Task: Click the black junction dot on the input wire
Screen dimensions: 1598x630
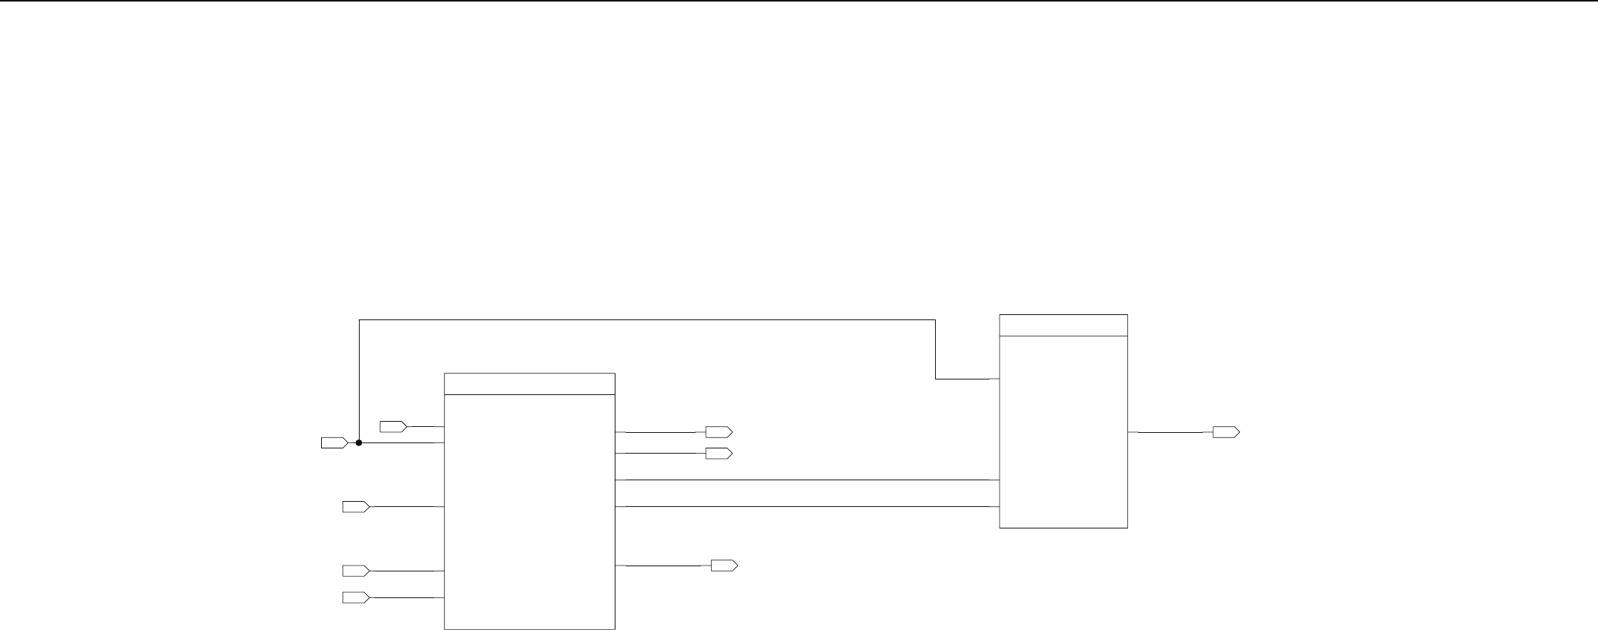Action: coord(359,442)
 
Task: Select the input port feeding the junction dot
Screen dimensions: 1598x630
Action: coord(334,442)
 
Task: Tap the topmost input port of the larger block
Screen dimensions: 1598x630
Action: coord(392,426)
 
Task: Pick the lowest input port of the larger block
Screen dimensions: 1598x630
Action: coord(355,597)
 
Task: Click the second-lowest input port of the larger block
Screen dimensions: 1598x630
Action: coord(355,571)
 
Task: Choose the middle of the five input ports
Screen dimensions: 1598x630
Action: coord(355,507)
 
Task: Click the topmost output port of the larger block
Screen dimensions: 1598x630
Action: coord(718,432)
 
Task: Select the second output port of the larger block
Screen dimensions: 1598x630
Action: coord(718,453)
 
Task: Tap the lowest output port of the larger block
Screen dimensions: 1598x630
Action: coord(724,566)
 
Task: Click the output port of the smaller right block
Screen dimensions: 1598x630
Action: coord(1225,432)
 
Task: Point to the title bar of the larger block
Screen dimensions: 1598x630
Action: coord(529,384)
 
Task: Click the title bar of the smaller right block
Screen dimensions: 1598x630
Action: coord(1063,325)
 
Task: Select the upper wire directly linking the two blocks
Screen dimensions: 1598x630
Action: coord(807,480)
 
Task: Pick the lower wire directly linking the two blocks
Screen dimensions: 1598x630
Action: coord(807,507)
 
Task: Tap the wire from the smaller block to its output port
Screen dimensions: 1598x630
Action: coord(1170,432)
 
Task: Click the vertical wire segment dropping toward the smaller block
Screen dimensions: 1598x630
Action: coord(936,349)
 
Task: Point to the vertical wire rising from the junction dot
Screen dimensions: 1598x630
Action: coord(360,381)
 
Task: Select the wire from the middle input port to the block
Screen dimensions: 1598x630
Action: coord(406,507)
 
